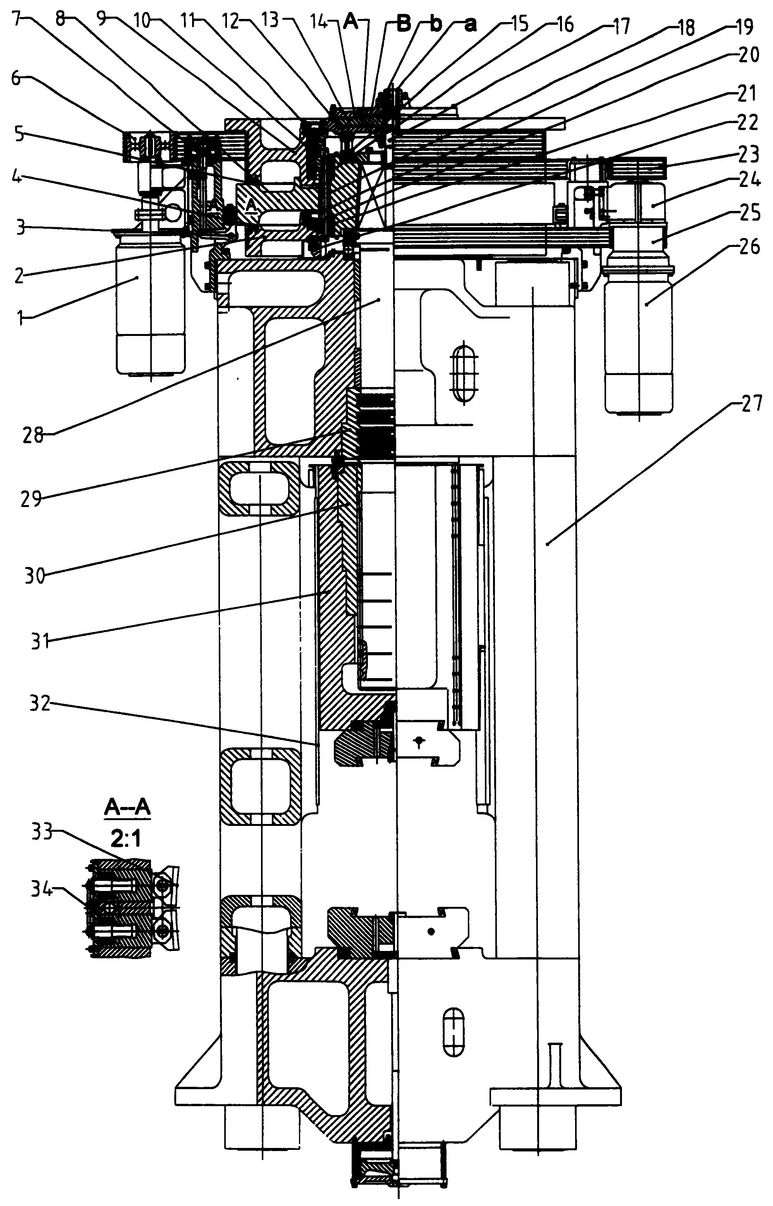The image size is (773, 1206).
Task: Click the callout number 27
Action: click(x=751, y=405)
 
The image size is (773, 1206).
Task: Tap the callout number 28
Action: click(x=33, y=434)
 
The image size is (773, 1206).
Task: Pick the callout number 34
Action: click(x=42, y=891)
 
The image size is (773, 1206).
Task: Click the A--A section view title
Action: click(x=127, y=808)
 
